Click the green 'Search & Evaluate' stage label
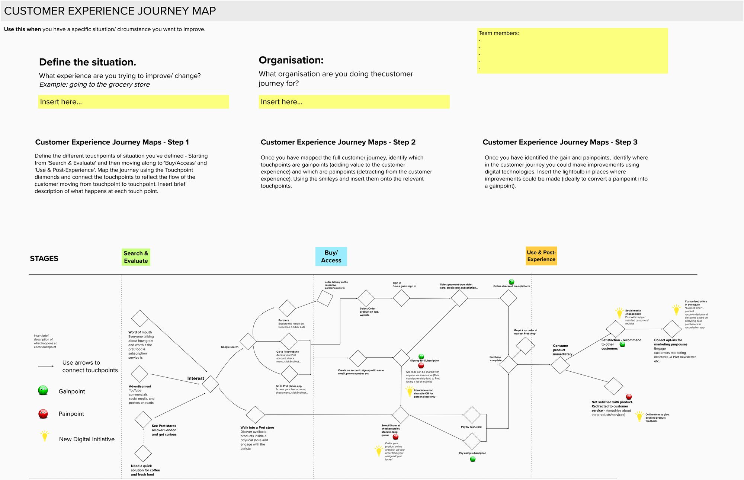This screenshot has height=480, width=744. [136, 257]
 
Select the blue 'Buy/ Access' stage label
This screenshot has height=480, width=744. [331, 256]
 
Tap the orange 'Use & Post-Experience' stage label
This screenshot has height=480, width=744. [541, 256]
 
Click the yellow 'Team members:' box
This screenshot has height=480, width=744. [572, 51]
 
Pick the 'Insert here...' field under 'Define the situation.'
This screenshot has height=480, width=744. [133, 102]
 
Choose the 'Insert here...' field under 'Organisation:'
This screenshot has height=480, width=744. [354, 102]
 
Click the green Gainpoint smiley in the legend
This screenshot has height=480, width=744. [43, 390]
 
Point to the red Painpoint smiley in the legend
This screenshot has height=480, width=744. [43, 413]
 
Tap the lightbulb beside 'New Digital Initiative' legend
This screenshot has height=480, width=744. [45, 436]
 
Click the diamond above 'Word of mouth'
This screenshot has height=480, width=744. [140, 319]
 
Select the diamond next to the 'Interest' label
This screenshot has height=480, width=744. [210, 384]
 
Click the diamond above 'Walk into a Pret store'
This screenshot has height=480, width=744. [255, 415]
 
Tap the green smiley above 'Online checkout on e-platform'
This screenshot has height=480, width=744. [511, 282]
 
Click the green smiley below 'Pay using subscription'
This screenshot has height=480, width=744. [473, 459]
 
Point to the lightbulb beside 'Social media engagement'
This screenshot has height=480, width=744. [619, 313]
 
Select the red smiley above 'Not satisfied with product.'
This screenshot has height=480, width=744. [629, 397]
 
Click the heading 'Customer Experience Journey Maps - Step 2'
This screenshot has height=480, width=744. [338, 142]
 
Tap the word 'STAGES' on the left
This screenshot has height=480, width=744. [44, 259]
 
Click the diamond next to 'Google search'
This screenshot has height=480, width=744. [248, 341]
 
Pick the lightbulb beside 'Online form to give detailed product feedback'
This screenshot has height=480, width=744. [639, 416]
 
